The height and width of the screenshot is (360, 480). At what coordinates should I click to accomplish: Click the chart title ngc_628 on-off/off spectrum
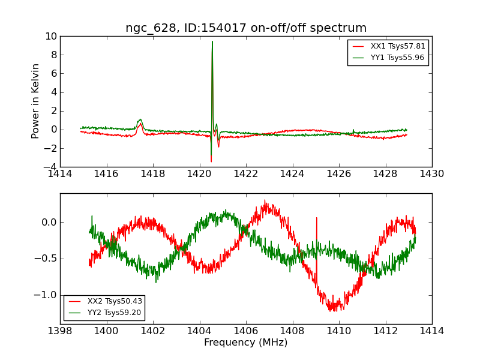pyautogui.click(x=246, y=28)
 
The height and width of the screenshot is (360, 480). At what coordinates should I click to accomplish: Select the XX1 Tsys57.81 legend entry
pyautogui.click(x=389, y=46)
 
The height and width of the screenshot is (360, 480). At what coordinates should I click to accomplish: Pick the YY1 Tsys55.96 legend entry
pyautogui.click(x=389, y=58)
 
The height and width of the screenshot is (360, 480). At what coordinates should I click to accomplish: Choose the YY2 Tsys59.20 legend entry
pyautogui.click(x=104, y=313)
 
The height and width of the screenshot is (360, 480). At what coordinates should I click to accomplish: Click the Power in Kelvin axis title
pyautogui.click(x=35, y=101)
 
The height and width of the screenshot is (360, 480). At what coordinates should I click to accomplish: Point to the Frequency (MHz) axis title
pyautogui.click(x=246, y=342)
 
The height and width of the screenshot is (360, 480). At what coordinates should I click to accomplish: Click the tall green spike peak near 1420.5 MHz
pyautogui.click(x=212, y=41)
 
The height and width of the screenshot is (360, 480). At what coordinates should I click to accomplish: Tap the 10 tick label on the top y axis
pyautogui.click(x=51, y=37)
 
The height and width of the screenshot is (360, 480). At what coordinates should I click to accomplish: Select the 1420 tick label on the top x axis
pyautogui.click(x=199, y=174)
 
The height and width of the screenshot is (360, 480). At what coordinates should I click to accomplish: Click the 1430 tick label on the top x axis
pyautogui.click(x=431, y=174)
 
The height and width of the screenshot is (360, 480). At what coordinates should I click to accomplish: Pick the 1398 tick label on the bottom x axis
pyautogui.click(x=60, y=331)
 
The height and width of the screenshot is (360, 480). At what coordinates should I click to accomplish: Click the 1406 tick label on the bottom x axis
pyautogui.click(x=246, y=331)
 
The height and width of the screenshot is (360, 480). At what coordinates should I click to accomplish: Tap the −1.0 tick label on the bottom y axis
pyautogui.click(x=46, y=295)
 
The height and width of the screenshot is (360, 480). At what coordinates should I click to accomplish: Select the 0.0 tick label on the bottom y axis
pyautogui.click(x=49, y=222)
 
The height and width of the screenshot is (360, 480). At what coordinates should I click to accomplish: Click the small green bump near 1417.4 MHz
pyautogui.click(x=140, y=119)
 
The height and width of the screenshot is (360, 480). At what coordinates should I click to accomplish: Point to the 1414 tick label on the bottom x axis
pyautogui.click(x=431, y=331)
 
